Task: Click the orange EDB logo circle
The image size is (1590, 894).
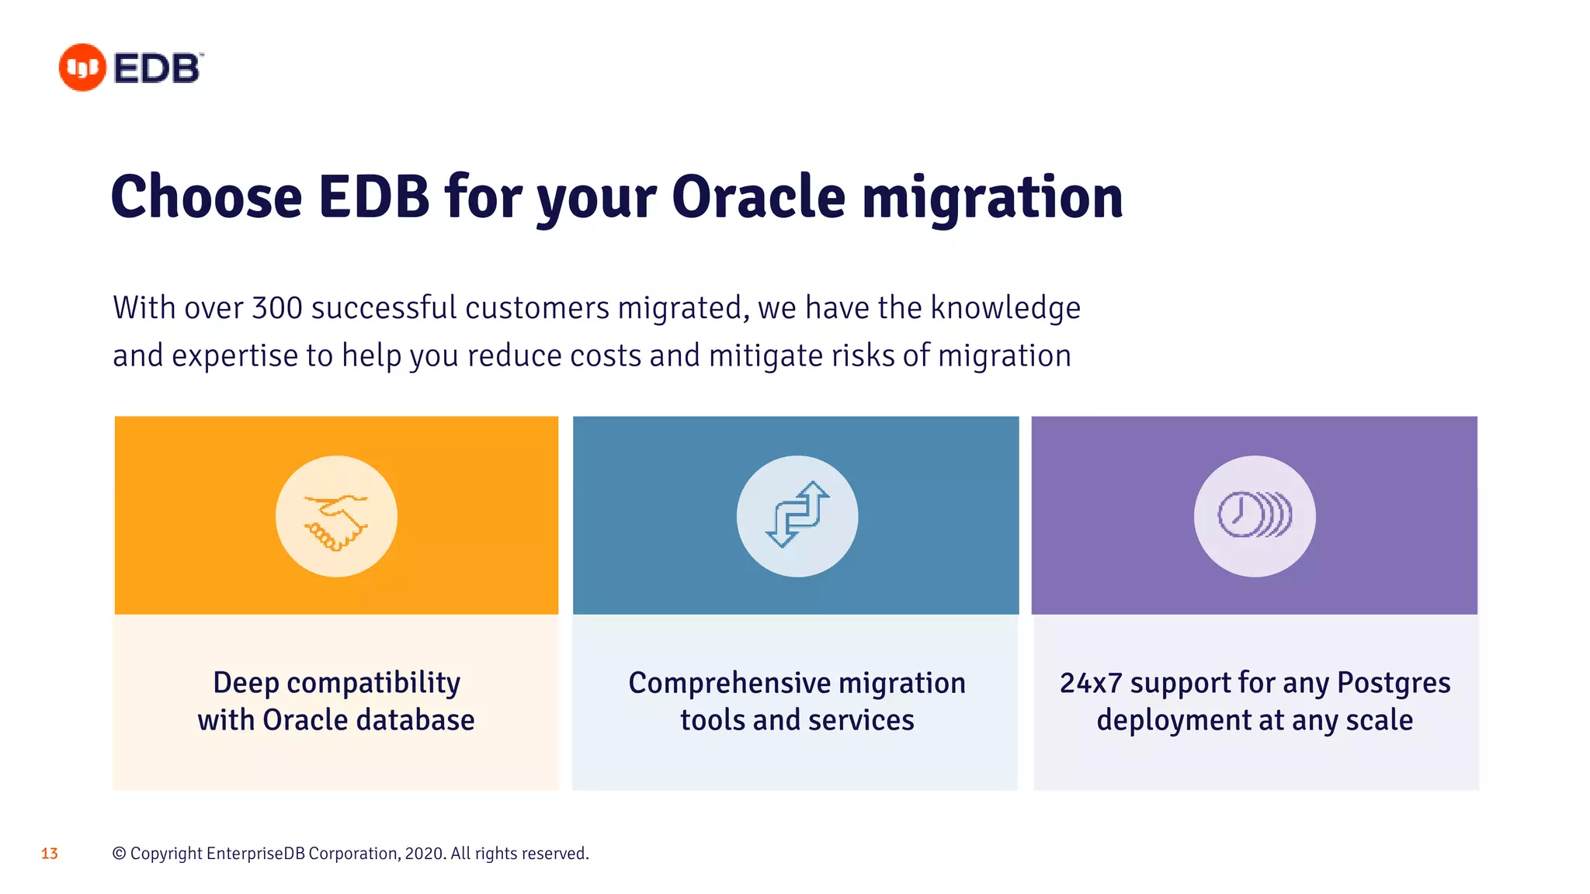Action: pyautogui.click(x=82, y=68)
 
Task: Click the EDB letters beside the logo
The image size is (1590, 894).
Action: pyautogui.click(x=158, y=68)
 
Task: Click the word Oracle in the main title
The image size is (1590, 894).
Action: pyautogui.click(x=759, y=197)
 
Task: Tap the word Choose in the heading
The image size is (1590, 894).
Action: pyautogui.click(x=207, y=197)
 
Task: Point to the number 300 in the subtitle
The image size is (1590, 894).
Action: pyautogui.click(x=277, y=308)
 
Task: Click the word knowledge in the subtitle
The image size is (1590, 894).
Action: pyautogui.click(x=1005, y=308)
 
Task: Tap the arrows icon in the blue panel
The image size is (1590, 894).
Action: pyautogui.click(x=797, y=516)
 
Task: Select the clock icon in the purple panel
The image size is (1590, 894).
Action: pyautogui.click(x=1254, y=515)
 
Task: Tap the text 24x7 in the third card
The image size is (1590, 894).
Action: pyautogui.click(x=1091, y=684)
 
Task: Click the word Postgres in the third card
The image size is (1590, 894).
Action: pyautogui.click(x=1394, y=684)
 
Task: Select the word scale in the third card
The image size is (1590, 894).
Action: pyautogui.click(x=1379, y=720)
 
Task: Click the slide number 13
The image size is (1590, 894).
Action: pyautogui.click(x=50, y=854)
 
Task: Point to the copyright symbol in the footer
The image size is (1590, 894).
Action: pyautogui.click(x=120, y=854)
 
